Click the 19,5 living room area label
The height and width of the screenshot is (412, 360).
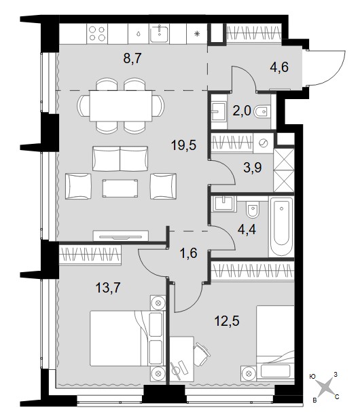(183, 145)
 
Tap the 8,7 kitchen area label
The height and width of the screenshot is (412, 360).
(132, 58)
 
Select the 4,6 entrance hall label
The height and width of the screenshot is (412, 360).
(279, 67)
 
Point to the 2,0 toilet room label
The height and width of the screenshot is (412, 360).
(242, 111)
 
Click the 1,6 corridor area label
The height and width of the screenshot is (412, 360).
(189, 254)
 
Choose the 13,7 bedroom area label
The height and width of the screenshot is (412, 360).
(108, 288)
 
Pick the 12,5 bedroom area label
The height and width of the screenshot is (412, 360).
(227, 320)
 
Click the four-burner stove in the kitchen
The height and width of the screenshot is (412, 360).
(97, 34)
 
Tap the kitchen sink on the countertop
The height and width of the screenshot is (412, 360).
(160, 33)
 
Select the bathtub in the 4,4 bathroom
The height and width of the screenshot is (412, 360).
(281, 226)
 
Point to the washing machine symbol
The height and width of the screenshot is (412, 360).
(264, 143)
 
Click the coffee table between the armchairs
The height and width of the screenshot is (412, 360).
(120, 188)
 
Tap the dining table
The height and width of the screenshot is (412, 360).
(121, 106)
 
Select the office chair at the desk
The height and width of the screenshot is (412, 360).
(202, 354)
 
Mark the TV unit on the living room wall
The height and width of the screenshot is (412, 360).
(121, 236)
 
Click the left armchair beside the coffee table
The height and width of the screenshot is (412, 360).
(78, 186)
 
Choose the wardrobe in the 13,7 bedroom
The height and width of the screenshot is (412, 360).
(90, 254)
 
